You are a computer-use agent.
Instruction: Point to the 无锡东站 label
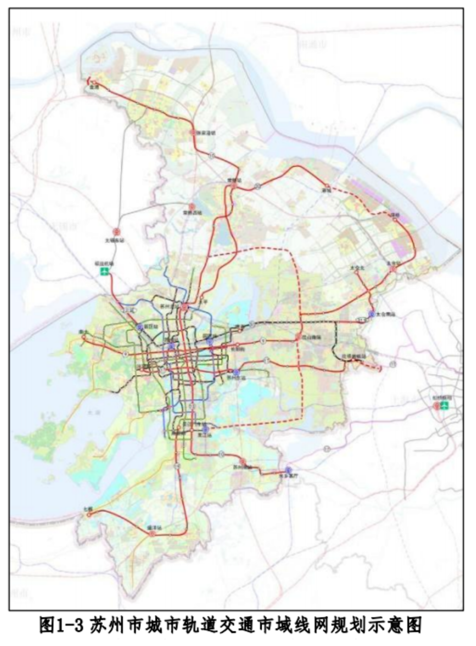pos(115,241)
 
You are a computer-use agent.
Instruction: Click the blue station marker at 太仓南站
pos(371,314)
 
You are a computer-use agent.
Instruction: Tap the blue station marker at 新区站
pos(140,328)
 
